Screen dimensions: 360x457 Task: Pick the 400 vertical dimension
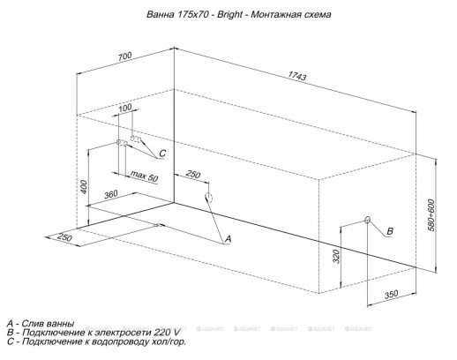pyautogui.click(x=85, y=188)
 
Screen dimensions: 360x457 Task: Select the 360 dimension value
pyautogui.click(x=111, y=195)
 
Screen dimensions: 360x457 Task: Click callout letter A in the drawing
pyautogui.click(x=227, y=239)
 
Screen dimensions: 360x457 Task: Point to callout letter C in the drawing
pyautogui.click(x=162, y=153)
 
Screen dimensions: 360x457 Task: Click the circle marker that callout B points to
pyautogui.click(x=367, y=219)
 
